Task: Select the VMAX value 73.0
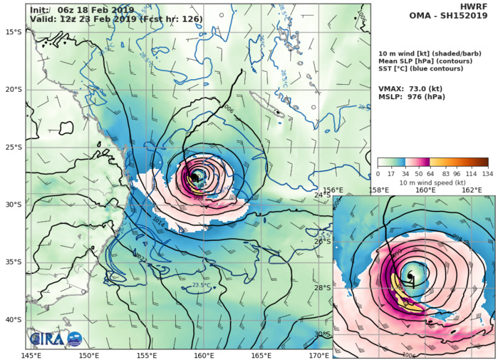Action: click(x=422, y=88)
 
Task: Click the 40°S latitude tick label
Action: click(x=14, y=319)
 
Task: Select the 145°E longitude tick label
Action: click(x=31, y=354)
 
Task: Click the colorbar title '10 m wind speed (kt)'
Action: click(x=432, y=182)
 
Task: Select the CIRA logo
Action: click(x=56, y=339)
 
